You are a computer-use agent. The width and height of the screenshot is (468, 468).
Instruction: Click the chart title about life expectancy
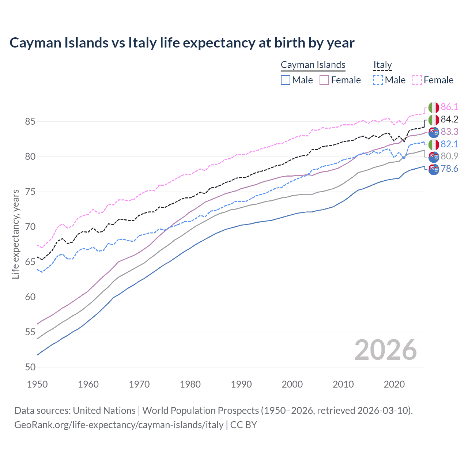(x=182, y=43)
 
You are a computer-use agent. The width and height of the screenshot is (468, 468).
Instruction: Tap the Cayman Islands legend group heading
(x=313, y=65)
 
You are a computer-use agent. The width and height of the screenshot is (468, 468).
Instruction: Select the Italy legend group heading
(x=382, y=65)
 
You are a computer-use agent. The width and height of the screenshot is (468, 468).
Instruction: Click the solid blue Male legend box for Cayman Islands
(x=286, y=80)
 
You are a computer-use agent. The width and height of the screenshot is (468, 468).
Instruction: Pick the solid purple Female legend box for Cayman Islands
(x=324, y=80)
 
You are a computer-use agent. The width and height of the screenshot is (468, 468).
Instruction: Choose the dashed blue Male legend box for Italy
(x=378, y=80)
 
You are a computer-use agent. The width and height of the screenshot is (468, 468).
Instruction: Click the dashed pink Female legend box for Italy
(x=417, y=80)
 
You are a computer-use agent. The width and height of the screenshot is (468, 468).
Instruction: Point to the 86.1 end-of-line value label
(x=449, y=107)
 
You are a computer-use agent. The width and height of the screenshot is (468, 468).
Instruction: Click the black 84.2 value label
(x=449, y=119)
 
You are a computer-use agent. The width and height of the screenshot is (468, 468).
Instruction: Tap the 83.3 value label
(x=449, y=132)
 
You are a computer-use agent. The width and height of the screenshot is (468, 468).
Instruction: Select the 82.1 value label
(x=449, y=144)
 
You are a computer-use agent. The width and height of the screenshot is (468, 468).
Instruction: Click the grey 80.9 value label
(x=449, y=156)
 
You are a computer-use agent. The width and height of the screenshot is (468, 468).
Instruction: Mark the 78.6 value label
(x=449, y=169)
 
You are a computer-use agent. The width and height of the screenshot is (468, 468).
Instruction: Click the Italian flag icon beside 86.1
(x=434, y=107)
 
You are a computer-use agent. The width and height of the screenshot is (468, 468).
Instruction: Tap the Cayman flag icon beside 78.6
(x=434, y=169)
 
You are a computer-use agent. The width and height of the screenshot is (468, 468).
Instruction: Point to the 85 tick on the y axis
(x=30, y=121)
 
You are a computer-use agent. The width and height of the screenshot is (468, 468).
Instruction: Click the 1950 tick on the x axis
(x=37, y=384)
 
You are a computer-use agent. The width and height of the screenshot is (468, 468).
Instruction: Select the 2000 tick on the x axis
(x=292, y=384)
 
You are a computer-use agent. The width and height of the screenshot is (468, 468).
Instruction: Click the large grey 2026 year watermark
(x=385, y=350)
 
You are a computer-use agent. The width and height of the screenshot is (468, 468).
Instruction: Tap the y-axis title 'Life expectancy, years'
(x=16, y=234)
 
